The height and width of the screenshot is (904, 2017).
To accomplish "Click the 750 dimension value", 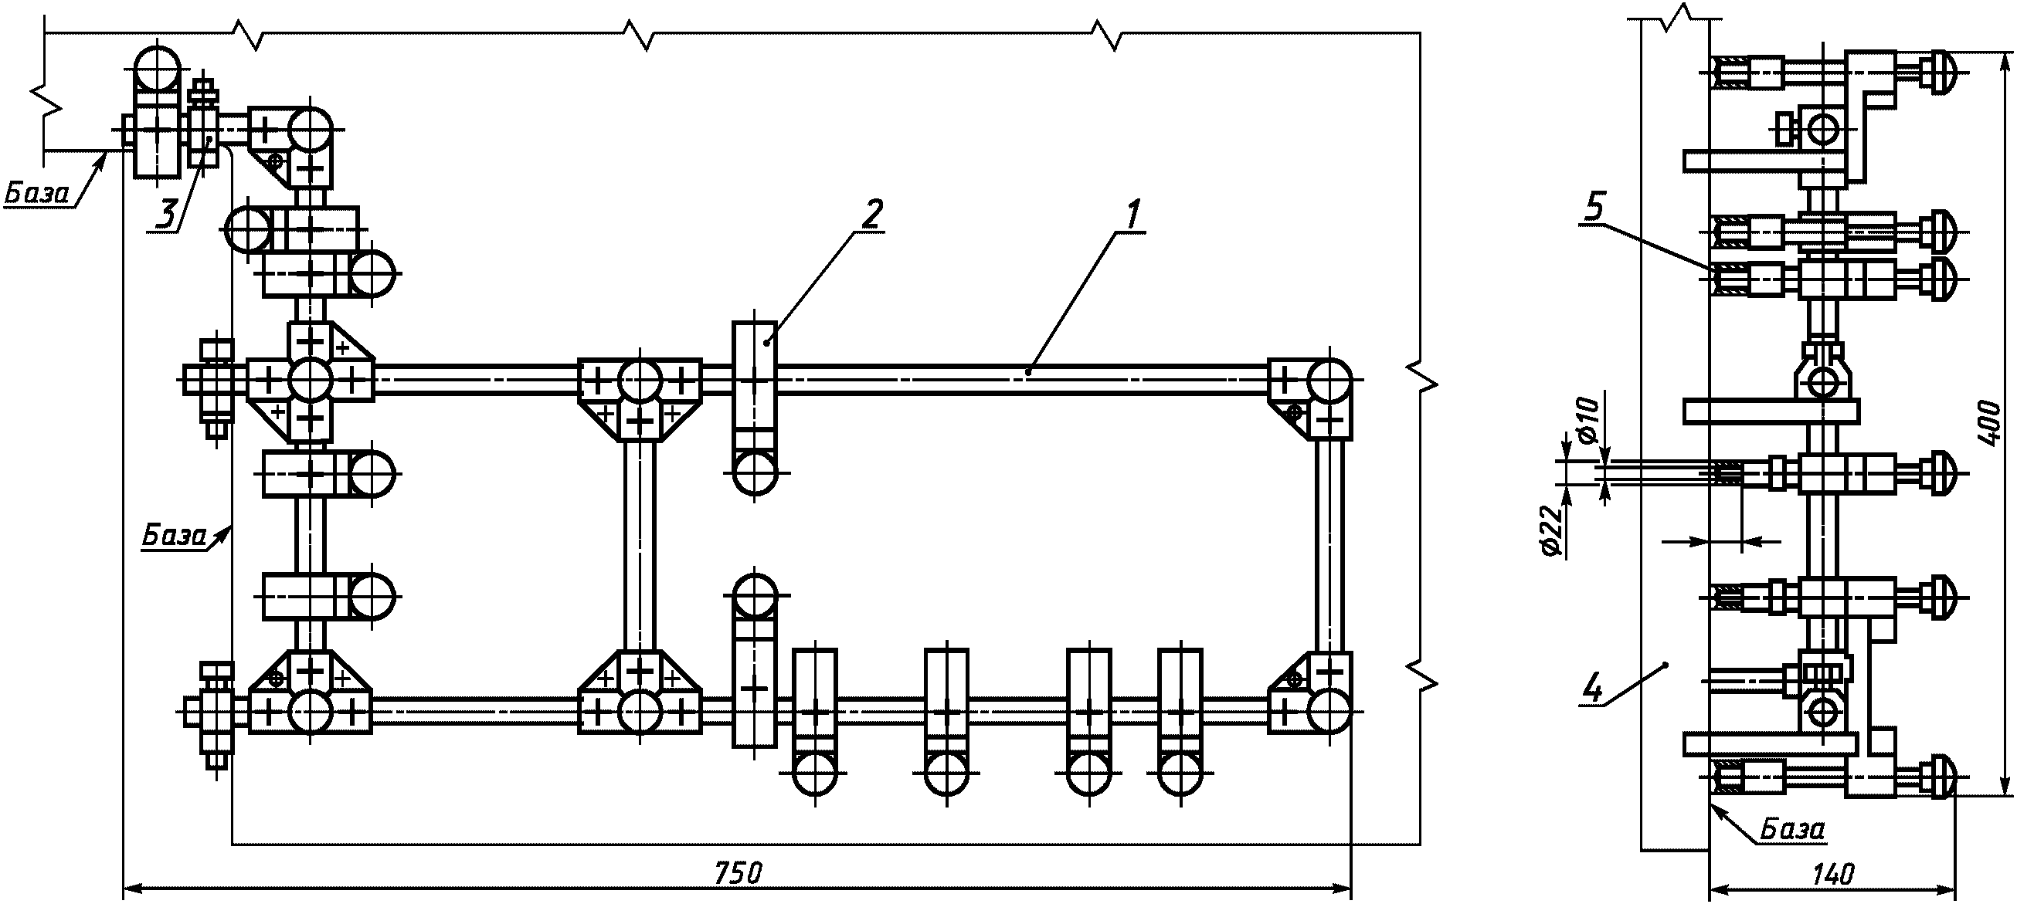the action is tap(739, 872).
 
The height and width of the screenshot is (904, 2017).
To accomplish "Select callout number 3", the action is tap(166, 214).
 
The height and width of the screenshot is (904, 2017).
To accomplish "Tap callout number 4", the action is tap(1592, 689).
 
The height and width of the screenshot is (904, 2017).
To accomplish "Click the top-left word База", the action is tap(37, 193).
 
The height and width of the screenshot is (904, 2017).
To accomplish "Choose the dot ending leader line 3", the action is tap(209, 139).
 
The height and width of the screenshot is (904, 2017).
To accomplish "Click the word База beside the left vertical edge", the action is tap(174, 535).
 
